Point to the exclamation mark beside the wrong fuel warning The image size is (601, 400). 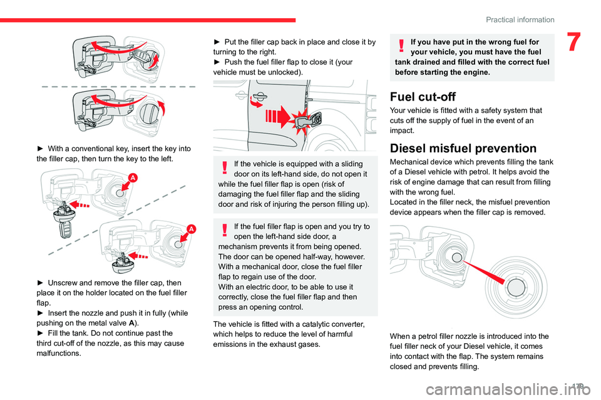click(399, 44)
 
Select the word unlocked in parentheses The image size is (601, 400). click(285, 72)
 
